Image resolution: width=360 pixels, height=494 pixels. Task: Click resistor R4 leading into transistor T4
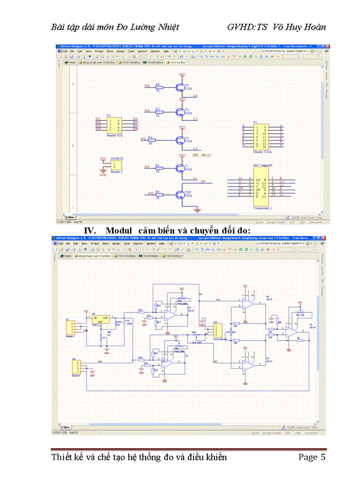tap(159, 87)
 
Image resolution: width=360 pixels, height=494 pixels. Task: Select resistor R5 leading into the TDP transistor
tap(159, 194)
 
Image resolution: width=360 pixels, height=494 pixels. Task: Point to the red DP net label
tap(203, 182)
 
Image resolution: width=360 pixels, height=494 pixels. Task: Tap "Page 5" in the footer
tap(312, 457)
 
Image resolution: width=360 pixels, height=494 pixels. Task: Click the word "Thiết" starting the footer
tap(64, 457)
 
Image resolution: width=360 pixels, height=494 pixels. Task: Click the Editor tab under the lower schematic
tap(65, 427)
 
